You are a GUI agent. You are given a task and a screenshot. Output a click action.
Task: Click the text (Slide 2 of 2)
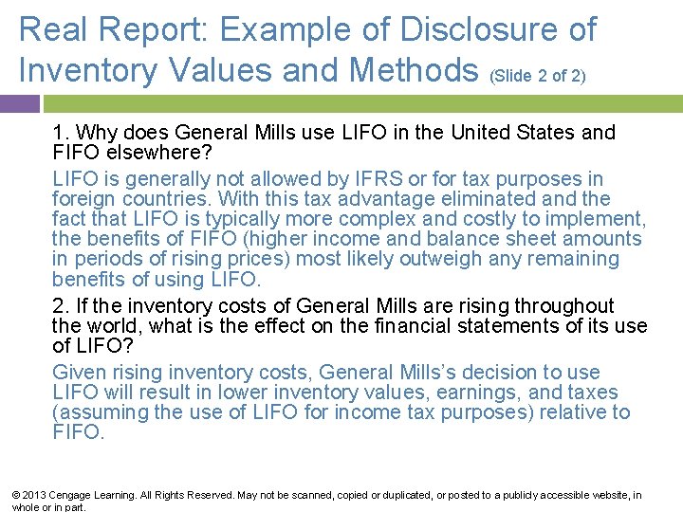tap(537, 75)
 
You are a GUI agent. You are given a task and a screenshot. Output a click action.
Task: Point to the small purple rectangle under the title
tap(20, 102)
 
